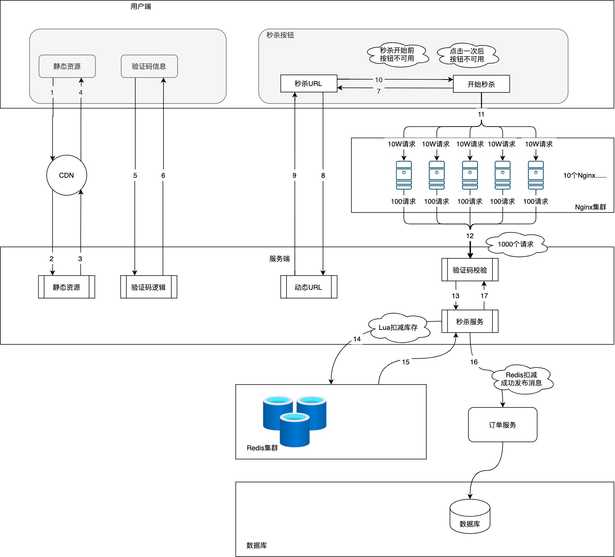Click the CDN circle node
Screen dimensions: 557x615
(66, 175)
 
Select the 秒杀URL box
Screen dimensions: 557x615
(309, 83)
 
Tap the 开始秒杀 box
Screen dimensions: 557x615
(481, 84)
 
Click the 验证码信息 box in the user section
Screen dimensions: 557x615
(149, 66)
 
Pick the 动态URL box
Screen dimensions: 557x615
(309, 287)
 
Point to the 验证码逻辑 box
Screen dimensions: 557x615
(149, 287)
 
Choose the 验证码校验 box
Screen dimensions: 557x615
(470, 270)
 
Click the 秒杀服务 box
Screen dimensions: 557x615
(470, 322)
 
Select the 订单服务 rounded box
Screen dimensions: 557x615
(503, 425)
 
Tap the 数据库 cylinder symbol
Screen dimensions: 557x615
(470, 516)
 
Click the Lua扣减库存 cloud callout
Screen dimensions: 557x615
(398, 327)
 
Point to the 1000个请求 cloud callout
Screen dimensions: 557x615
(516, 244)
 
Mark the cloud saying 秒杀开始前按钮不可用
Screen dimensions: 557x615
(397, 54)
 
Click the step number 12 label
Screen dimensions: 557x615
(470, 236)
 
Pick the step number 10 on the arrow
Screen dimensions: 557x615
(379, 80)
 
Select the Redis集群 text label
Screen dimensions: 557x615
(262, 448)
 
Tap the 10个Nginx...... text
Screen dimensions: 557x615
(585, 175)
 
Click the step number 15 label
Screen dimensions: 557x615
(406, 362)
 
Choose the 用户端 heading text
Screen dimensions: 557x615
(141, 6)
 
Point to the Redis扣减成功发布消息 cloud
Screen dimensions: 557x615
(521, 379)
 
